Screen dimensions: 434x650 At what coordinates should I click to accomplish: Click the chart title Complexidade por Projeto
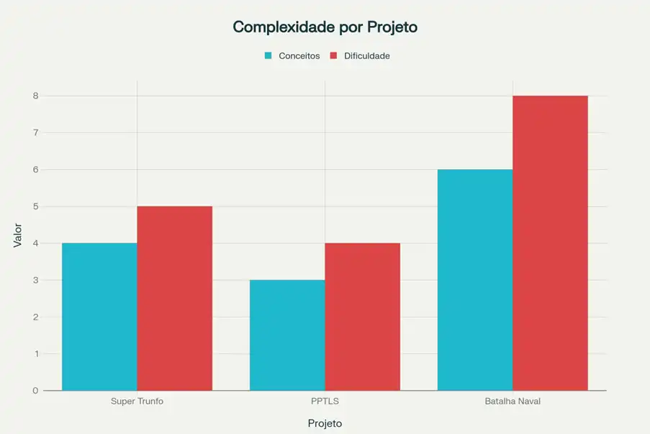pyautogui.click(x=325, y=27)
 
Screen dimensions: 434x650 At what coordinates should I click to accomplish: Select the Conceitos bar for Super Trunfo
pyautogui.click(x=99, y=317)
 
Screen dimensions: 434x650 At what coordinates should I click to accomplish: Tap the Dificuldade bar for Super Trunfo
pyautogui.click(x=174, y=298)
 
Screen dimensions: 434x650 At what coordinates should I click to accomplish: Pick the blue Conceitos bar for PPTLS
pyautogui.click(x=287, y=335)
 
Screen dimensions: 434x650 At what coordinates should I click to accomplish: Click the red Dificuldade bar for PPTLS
pyautogui.click(x=362, y=317)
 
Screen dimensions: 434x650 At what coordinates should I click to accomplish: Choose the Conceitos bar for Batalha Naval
pyautogui.click(x=475, y=280)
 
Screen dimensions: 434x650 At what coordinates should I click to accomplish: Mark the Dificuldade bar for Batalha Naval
pyautogui.click(x=550, y=243)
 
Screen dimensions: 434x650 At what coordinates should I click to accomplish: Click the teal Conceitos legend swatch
pyautogui.click(x=268, y=55)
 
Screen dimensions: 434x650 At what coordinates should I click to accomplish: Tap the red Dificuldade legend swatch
pyautogui.click(x=334, y=55)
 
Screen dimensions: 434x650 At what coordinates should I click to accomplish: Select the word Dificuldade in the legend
pyautogui.click(x=366, y=55)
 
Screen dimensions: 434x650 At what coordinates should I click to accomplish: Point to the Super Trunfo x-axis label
pyautogui.click(x=137, y=401)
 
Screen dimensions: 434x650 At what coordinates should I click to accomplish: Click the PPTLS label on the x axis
pyautogui.click(x=325, y=401)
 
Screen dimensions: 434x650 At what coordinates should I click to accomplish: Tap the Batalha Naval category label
pyautogui.click(x=513, y=401)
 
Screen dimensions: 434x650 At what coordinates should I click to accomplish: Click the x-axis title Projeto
pyautogui.click(x=325, y=423)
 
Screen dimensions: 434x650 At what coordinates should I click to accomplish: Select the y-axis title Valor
pyautogui.click(x=18, y=235)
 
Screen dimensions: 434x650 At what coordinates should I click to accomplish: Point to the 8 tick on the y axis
pyautogui.click(x=35, y=96)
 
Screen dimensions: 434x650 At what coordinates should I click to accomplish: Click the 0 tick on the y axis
pyautogui.click(x=35, y=391)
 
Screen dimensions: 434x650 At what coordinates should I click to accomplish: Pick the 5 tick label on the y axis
pyautogui.click(x=35, y=207)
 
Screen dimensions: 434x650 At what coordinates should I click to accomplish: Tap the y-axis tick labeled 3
pyautogui.click(x=35, y=280)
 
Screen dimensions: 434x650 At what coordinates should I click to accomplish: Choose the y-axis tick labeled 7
pyautogui.click(x=35, y=132)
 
